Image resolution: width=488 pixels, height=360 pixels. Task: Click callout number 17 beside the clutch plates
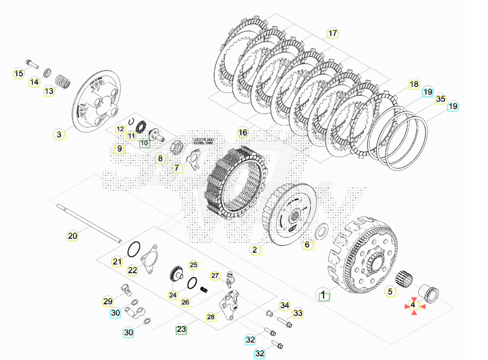332,34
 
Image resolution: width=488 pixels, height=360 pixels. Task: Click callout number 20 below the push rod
73,235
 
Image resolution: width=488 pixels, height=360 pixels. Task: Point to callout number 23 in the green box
181,329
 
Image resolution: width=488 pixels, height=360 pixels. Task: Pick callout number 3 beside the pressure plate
59,135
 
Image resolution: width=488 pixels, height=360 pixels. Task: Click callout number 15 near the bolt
18,74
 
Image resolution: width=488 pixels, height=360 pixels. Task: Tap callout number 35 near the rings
440,99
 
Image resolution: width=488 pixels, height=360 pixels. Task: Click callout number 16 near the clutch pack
242,133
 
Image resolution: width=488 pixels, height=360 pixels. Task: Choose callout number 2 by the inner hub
255,249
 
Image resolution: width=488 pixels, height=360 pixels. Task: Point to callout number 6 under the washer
307,245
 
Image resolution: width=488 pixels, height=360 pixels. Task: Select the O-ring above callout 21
133,249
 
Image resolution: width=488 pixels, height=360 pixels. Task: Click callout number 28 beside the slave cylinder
211,317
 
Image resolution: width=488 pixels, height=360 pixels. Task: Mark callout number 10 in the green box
144,143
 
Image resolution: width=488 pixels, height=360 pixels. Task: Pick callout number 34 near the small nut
284,305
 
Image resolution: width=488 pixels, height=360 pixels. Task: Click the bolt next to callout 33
284,322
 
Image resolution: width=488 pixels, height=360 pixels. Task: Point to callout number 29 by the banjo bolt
108,302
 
